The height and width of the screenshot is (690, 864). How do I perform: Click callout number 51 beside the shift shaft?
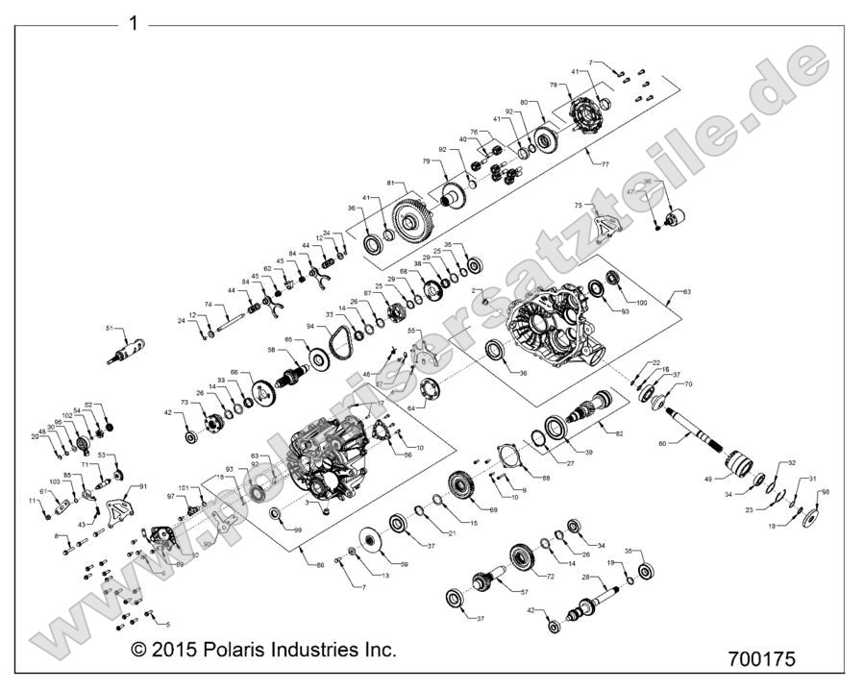(109, 329)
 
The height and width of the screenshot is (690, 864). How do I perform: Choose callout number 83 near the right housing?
(685, 291)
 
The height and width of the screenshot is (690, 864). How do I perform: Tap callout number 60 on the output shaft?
(662, 444)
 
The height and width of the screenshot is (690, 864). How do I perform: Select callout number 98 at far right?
(826, 491)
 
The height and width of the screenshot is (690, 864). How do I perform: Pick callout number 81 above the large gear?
(391, 183)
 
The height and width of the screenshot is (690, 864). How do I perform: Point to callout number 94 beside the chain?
(310, 326)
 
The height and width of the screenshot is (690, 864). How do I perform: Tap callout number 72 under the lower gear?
(552, 577)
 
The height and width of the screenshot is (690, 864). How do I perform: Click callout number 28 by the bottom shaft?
(584, 577)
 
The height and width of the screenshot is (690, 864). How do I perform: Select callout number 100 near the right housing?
(643, 303)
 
